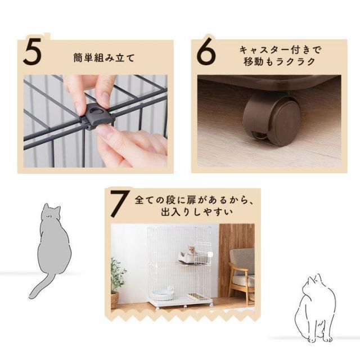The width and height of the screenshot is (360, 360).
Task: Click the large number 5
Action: [x=33, y=51]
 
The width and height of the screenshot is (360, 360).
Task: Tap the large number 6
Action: [x=206, y=52]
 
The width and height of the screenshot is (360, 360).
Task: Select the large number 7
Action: [x=119, y=204]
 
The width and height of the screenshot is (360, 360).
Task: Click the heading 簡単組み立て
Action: [x=103, y=58]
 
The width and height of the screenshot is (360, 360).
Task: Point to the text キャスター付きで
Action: [x=280, y=50]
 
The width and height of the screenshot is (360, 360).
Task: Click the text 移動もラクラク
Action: [x=280, y=61]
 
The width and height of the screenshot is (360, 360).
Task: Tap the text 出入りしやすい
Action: [x=197, y=212]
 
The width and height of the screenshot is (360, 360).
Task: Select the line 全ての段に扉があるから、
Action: [x=195, y=200]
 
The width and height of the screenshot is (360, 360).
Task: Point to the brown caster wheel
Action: [x=272, y=120]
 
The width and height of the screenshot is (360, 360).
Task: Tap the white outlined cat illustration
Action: [x=315, y=308]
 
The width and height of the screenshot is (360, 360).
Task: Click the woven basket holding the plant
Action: [x=115, y=300]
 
